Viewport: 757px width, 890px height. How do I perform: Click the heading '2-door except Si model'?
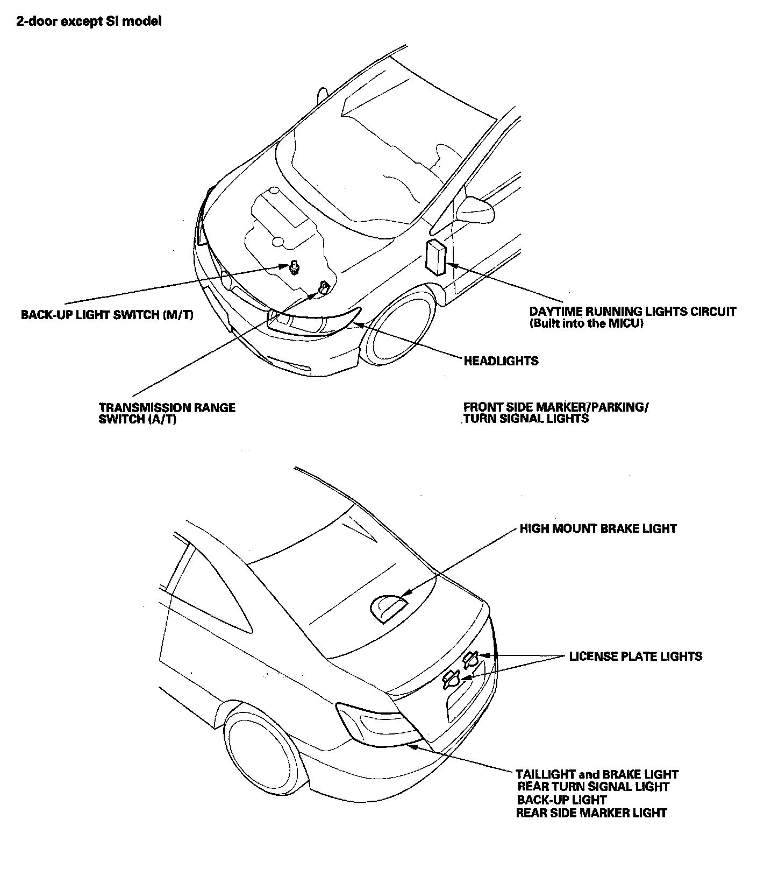coord(89,22)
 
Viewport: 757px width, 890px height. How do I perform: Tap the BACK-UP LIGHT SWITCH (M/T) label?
coord(107,315)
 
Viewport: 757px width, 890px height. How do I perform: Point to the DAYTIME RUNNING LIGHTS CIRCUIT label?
coord(632,312)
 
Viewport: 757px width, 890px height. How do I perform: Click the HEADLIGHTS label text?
coord(501,361)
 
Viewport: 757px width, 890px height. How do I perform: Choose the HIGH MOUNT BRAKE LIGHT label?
coord(598,528)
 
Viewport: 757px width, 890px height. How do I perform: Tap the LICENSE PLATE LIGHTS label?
coord(635,656)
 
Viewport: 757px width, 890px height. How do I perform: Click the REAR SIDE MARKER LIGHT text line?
coord(591,813)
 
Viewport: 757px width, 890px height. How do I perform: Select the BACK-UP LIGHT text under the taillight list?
coord(562,800)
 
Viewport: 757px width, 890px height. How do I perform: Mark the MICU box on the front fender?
coord(435,257)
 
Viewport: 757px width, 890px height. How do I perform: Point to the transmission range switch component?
coord(324,288)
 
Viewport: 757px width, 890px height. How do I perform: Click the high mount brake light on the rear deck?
coord(388,609)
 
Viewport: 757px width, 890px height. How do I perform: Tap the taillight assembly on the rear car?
coord(376,724)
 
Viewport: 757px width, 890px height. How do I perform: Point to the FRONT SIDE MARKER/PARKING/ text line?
coord(555,407)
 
